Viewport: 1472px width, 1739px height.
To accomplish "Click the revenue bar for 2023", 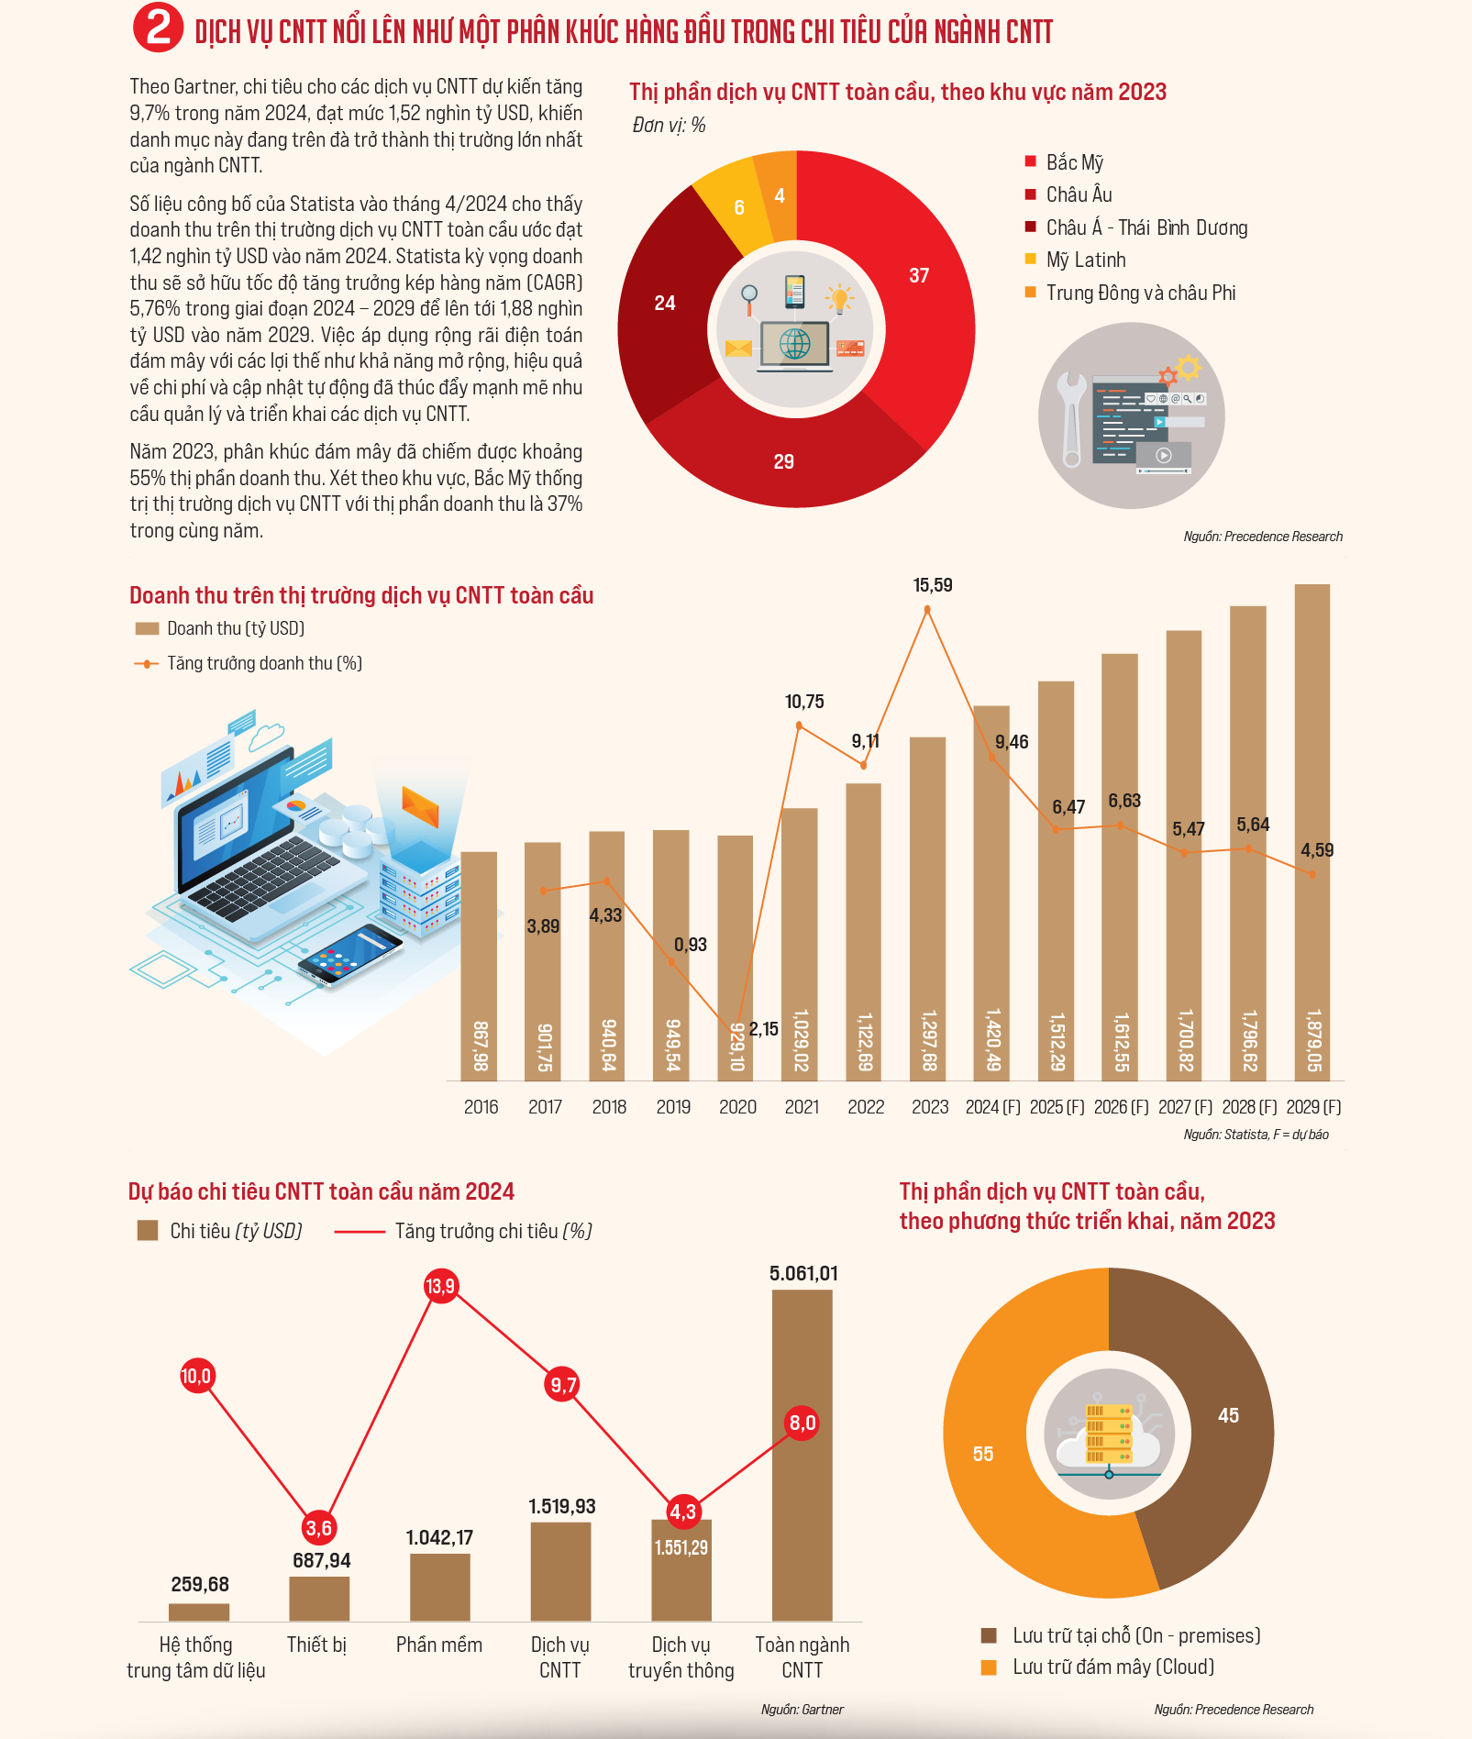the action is click(927, 909).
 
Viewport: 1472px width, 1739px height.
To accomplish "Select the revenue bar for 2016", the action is click(479, 966).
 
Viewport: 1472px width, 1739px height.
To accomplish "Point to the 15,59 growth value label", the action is click(933, 585).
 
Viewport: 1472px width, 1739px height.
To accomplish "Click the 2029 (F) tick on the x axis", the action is click(1313, 1107).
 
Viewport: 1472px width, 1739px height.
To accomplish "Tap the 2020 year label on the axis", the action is click(737, 1107).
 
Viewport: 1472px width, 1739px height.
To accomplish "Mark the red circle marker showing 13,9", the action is click(441, 1286).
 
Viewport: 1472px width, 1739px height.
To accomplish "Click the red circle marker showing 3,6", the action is click(319, 1528).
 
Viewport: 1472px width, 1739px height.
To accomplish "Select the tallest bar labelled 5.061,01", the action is click(802, 1456).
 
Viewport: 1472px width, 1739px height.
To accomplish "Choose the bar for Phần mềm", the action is click(440, 1588).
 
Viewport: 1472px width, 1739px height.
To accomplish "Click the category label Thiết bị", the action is click(316, 1645).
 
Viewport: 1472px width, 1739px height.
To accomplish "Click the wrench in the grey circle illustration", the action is click(1071, 419).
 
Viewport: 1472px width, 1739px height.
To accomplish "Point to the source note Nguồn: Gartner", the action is click(802, 1710).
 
